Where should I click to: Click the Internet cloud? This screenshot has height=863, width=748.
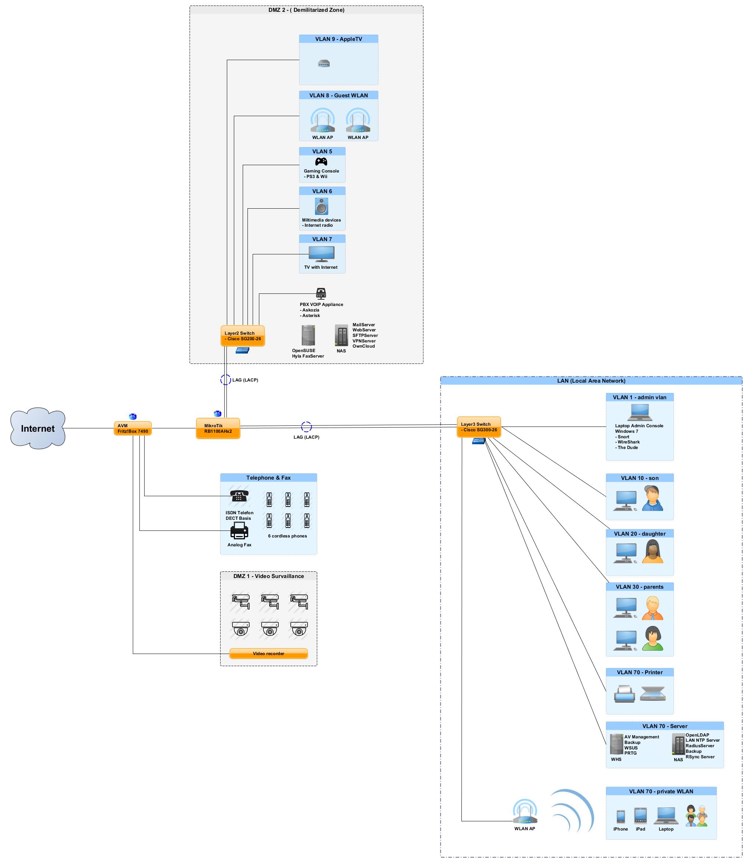pos(38,428)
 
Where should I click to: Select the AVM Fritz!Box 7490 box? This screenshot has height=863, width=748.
pos(133,428)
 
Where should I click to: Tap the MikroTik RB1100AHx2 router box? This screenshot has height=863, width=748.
pos(218,428)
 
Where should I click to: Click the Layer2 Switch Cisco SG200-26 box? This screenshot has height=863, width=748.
pos(243,336)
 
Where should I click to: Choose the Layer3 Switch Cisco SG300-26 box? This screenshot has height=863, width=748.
pos(479,427)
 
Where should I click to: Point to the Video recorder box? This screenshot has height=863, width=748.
pos(269,654)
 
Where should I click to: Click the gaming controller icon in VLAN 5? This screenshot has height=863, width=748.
pos(321,161)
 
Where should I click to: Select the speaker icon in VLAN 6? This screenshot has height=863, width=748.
pos(321,206)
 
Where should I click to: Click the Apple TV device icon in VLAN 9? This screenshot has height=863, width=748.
pos(324,63)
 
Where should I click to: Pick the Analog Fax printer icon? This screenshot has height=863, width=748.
pos(239,530)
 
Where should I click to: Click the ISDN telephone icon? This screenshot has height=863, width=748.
pos(239,496)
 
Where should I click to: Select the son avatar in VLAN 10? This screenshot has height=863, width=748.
pos(652,498)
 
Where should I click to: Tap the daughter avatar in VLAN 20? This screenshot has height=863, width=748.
pos(652,551)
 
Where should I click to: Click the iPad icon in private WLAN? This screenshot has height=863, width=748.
pos(640,815)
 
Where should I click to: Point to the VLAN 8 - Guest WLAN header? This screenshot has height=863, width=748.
pos(339,95)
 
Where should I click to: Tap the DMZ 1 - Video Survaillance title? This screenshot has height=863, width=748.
pos(269,576)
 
